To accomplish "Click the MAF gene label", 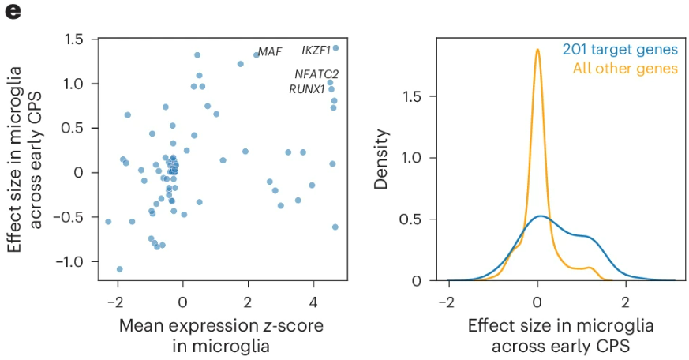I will click(x=271, y=53).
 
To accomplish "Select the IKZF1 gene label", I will click(x=316, y=50).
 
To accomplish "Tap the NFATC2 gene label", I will click(x=316, y=74).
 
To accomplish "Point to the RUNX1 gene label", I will click(x=307, y=89).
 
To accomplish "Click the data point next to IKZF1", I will click(x=335, y=48).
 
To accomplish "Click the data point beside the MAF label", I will click(x=257, y=55).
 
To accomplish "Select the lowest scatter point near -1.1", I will click(x=119, y=269).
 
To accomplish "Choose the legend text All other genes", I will click(x=625, y=69).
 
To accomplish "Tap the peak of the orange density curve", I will click(x=537, y=50).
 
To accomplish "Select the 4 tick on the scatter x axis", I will click(x=313, y=302).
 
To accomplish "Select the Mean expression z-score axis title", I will click(x=221, y=326).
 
